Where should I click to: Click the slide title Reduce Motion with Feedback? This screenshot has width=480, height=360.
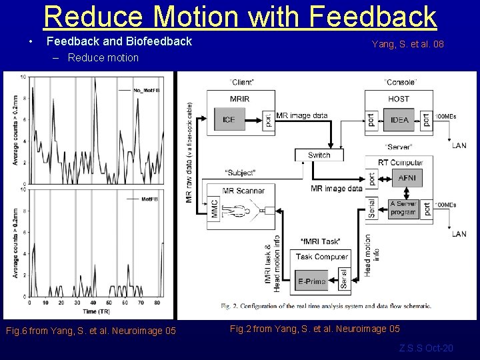coord(240,16)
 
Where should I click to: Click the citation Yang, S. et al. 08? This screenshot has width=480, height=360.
coord(407,45)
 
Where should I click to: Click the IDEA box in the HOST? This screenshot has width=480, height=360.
coord(400,119)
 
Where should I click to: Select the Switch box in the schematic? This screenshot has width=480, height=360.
coord(319,155)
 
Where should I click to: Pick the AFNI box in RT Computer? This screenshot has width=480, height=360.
coord(406,178)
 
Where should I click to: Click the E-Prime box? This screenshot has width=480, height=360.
coord(311,281)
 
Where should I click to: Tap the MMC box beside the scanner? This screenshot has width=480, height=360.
coord(215,209)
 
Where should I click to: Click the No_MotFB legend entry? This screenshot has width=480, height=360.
coord(145,89)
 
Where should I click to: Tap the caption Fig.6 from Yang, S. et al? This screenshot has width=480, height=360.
coord(90,331)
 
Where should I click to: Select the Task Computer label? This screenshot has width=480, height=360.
coord(321,257)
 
